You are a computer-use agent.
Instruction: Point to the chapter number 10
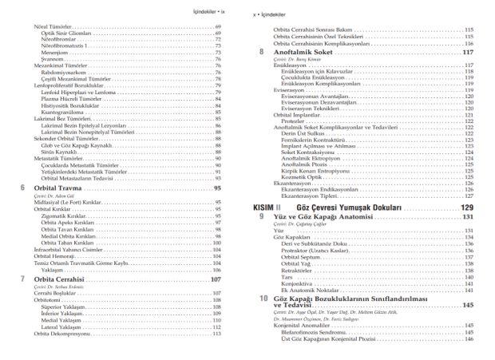[x=263, y=299]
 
